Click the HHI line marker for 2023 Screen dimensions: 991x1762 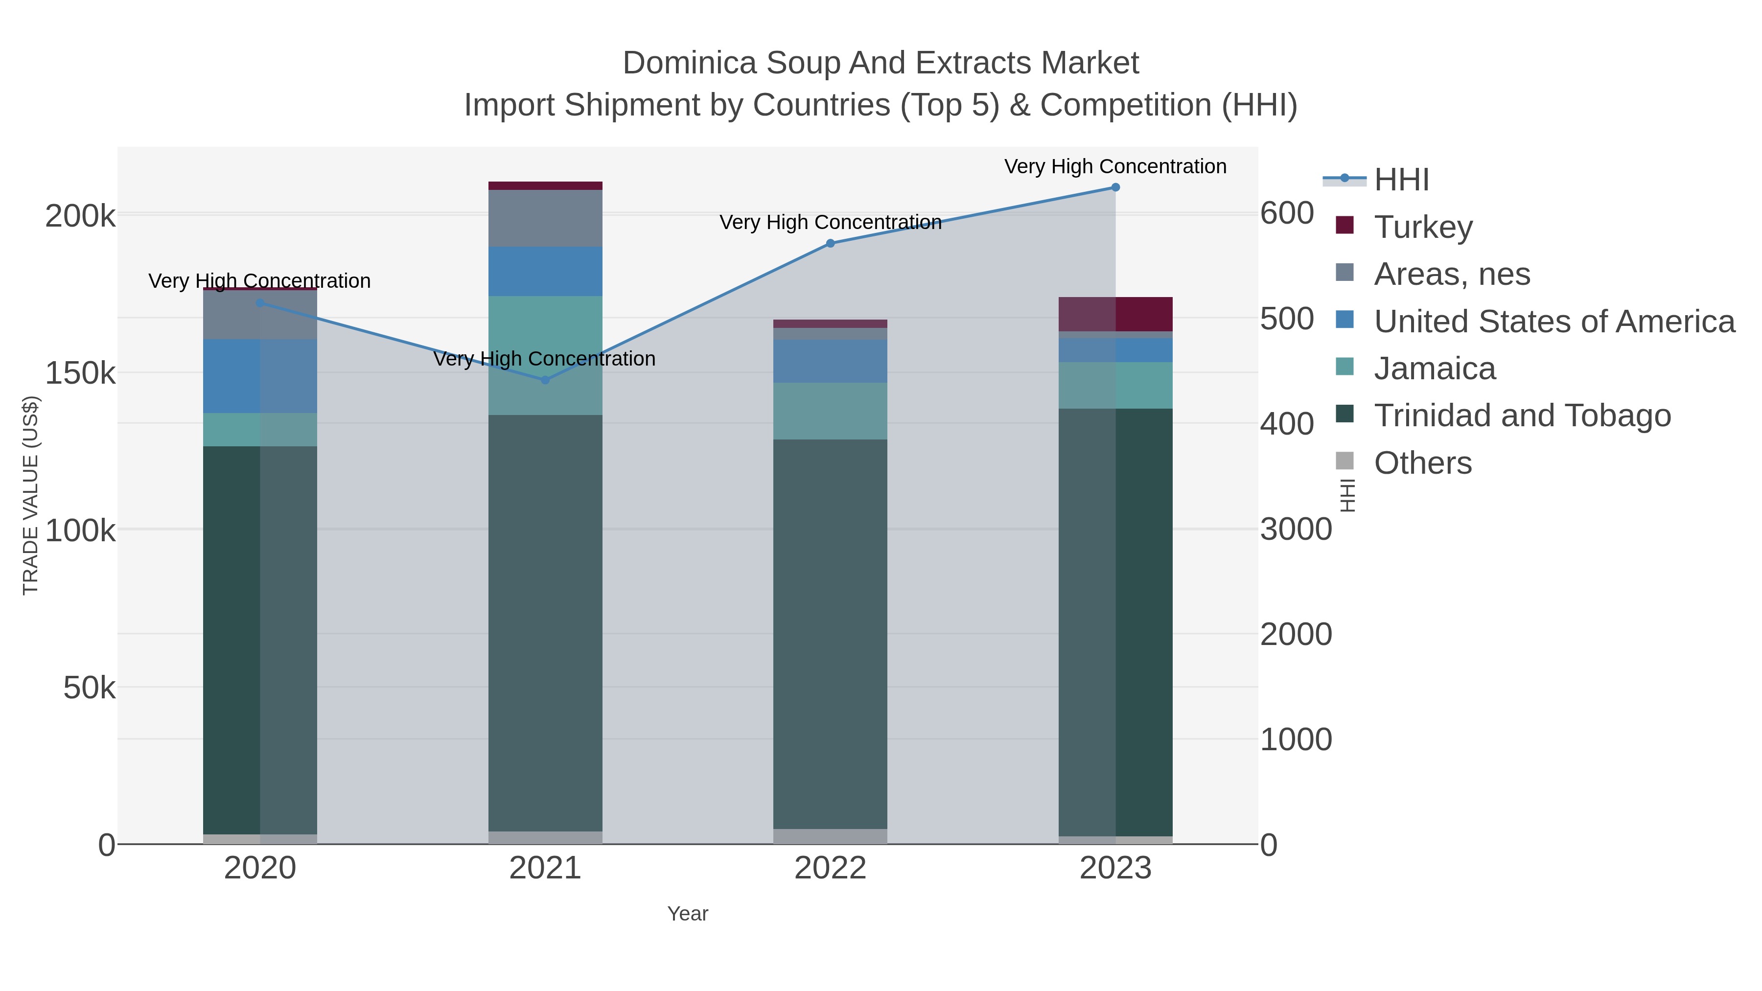[1115, 187]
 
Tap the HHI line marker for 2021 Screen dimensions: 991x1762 [545, 380]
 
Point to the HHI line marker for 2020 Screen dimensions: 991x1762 [260, 303]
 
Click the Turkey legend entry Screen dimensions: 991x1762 [1423, 227]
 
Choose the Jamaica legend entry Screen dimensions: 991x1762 [1435, 369]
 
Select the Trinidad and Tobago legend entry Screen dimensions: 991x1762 [1522, 416]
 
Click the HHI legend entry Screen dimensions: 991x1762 [1401, 180]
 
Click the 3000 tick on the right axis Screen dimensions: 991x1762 [1296, 530]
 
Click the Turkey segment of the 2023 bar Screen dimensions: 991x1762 [1115, 315]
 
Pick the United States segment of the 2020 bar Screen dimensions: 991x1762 [260, 376]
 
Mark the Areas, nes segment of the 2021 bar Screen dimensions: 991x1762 [545, 218]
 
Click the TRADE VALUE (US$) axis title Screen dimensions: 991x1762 [31, 495]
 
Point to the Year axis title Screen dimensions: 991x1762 [688, 914]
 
